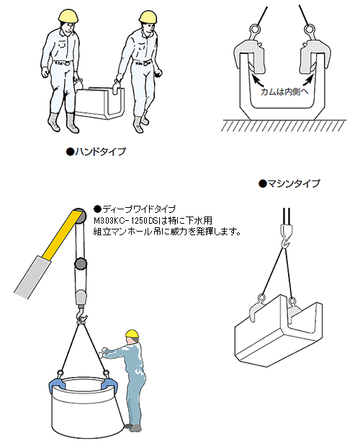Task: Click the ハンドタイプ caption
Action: pyautogui.click(x=96, y=151)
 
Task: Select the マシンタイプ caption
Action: pyautogui.click(x=289, y=183)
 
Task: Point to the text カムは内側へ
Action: pyautogui.click(x=284, y=92)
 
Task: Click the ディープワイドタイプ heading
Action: pyautogui.click(x=135, y=209)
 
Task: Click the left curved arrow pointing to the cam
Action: pyautogui.click(x=257, y=81)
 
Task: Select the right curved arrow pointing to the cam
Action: pyautogui.click(x=307, y=80)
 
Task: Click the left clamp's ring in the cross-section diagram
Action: pyautogui.click(x=254, y=29)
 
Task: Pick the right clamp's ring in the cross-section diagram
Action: pyautogui.click(x=308, y=29)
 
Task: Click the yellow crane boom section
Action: pyautogui.click(x=60, y=235)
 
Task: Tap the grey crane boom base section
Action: pyautogui.click(x=32, y=276)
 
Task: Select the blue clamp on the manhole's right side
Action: pyautogui.click(x=107, y=384)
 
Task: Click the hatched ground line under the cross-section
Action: pyautogui.click(x=284, y=125)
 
